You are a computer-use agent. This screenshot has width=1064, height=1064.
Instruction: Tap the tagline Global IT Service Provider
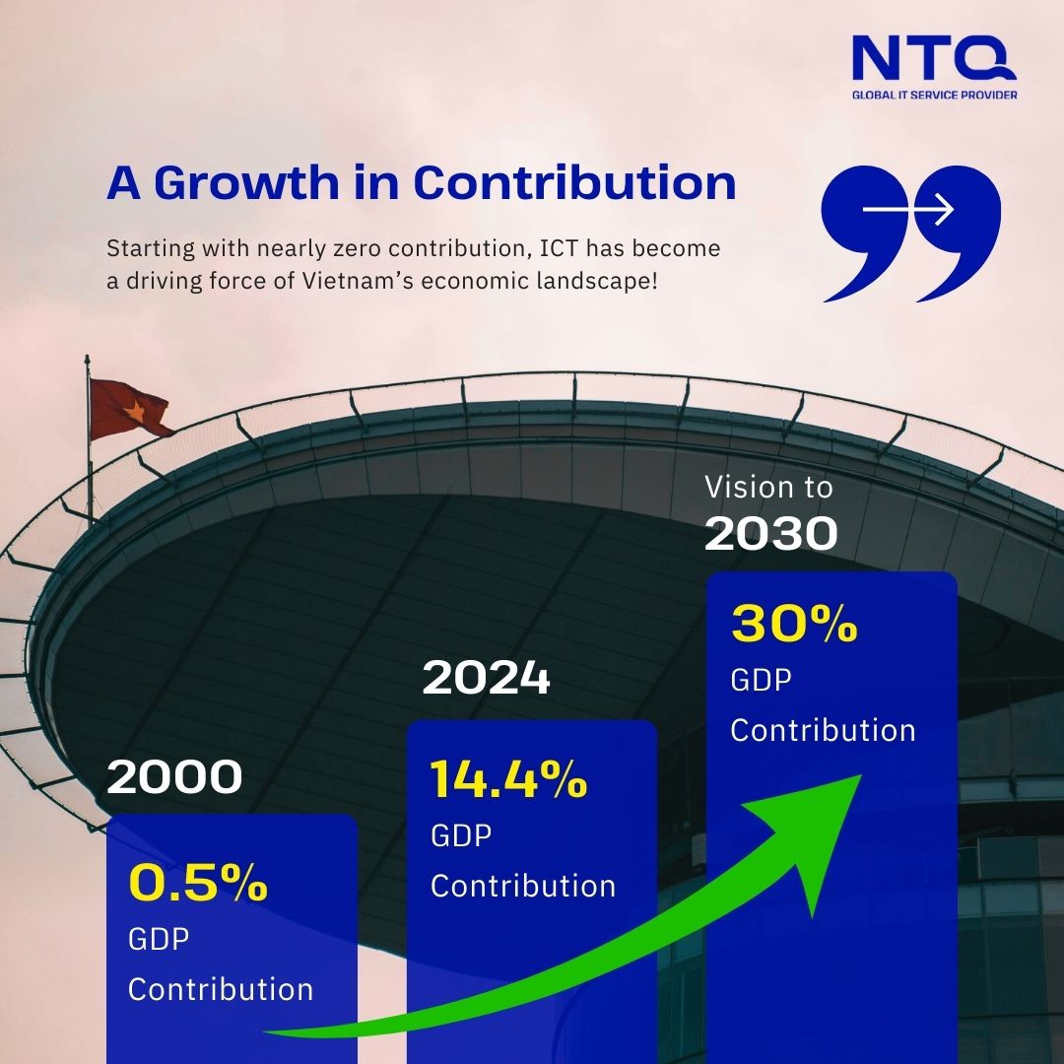934,95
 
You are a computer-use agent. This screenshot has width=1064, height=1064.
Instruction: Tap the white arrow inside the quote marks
907,210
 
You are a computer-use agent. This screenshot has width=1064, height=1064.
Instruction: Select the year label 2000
174,778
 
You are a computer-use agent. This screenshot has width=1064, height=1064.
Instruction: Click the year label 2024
486,679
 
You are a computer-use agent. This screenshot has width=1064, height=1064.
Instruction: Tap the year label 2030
771,534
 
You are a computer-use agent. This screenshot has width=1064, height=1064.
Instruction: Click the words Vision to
769,487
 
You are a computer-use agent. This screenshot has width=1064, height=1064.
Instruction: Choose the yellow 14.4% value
508,780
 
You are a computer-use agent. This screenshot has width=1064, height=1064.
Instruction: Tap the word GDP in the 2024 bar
461,835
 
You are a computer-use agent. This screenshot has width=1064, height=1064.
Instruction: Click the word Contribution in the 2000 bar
221,989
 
